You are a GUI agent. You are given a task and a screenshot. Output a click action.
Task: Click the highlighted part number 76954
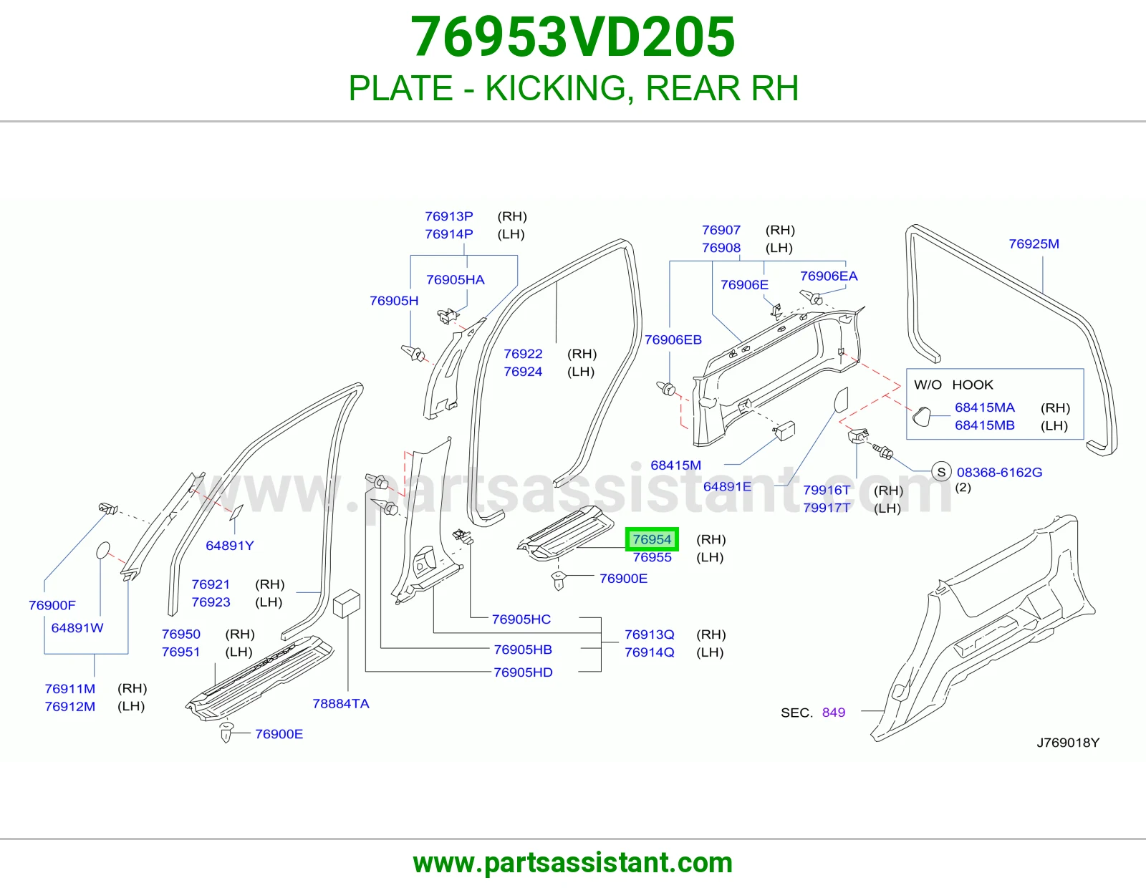tap(652, 539)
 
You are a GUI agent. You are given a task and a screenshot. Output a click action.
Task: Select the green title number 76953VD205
tap(573, 37)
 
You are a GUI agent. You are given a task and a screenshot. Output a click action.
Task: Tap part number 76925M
tap(1034, 243)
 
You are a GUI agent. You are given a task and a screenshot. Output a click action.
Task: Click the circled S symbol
tap(941, 472)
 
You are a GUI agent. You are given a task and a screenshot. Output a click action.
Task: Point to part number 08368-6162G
tap(999, 473)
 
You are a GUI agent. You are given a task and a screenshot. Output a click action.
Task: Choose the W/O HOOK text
tap(953, 385)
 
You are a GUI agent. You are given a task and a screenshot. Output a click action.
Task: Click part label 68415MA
tap(985, 407)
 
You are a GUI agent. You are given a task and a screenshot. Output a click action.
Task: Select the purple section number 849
tap(833, 713)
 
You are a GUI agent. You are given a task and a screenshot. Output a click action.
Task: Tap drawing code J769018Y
tap(1068, 743)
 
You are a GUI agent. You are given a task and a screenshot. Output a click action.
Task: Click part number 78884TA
tap(341, 703)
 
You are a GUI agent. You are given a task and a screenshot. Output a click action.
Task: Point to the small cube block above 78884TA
tap(347, 603)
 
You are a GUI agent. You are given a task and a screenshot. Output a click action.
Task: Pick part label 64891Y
tap(230, 545)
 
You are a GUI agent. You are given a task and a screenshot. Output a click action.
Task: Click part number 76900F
tap(52, 605)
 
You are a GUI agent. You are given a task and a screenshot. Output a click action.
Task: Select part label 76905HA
tap(455, 279)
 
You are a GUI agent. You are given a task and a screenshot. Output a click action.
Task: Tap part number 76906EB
tap(673, 339)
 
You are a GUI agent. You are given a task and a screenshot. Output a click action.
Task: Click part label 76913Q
tap(649, 634)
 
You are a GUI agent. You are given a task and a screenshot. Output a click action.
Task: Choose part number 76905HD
tap(523, 672)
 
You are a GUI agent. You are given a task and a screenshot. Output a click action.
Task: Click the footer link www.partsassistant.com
tap(573, 863)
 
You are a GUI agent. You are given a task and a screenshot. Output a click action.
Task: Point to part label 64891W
tap(77, 627)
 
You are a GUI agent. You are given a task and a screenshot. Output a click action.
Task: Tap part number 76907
tap(721, 230)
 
